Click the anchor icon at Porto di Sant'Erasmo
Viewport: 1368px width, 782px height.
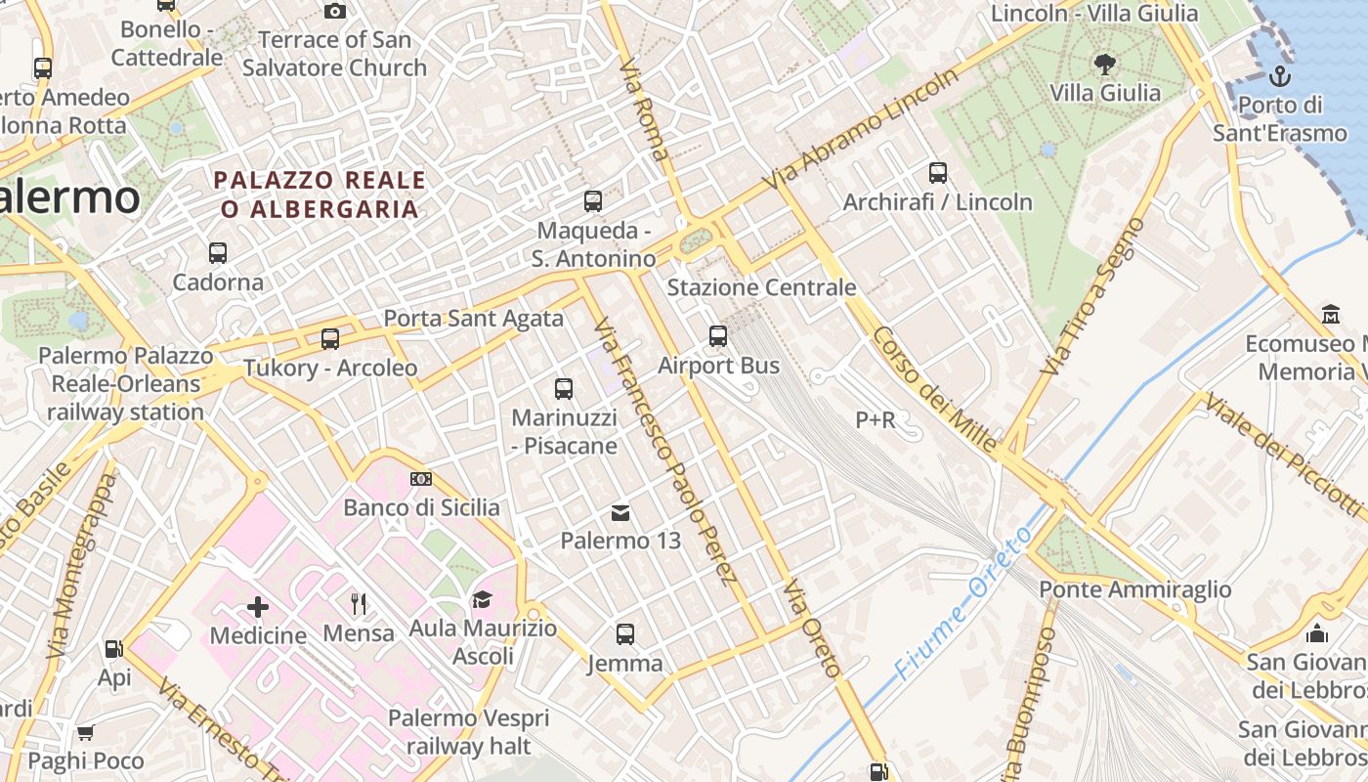pos(1278,75)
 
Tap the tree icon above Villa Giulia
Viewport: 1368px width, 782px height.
pos(1105,65)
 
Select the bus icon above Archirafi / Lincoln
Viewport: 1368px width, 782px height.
pos(938,173)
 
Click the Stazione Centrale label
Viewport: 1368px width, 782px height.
pos(761,287)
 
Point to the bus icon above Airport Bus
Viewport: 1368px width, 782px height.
pos(718,336)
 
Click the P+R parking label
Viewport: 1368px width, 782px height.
pos(875,420)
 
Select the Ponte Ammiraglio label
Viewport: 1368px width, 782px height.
pos(1134,589)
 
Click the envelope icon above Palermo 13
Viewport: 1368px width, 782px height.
pos(620,512)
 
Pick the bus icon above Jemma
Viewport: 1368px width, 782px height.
pos(625,634)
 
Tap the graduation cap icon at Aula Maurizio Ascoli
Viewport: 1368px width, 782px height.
pos(482,599)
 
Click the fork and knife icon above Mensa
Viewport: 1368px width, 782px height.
pos(359,604)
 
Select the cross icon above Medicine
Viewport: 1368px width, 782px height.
pos(258,608)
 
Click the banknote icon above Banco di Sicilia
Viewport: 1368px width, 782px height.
pos(421,479)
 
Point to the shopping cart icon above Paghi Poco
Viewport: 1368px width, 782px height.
pos(86,732)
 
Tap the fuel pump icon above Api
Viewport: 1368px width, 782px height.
pos(113,648)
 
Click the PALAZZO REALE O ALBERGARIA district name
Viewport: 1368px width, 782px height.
pos(320,195)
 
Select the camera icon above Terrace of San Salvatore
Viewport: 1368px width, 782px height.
pos(335,11)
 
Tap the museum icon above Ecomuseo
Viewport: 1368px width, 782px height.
pos(1330,315)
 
